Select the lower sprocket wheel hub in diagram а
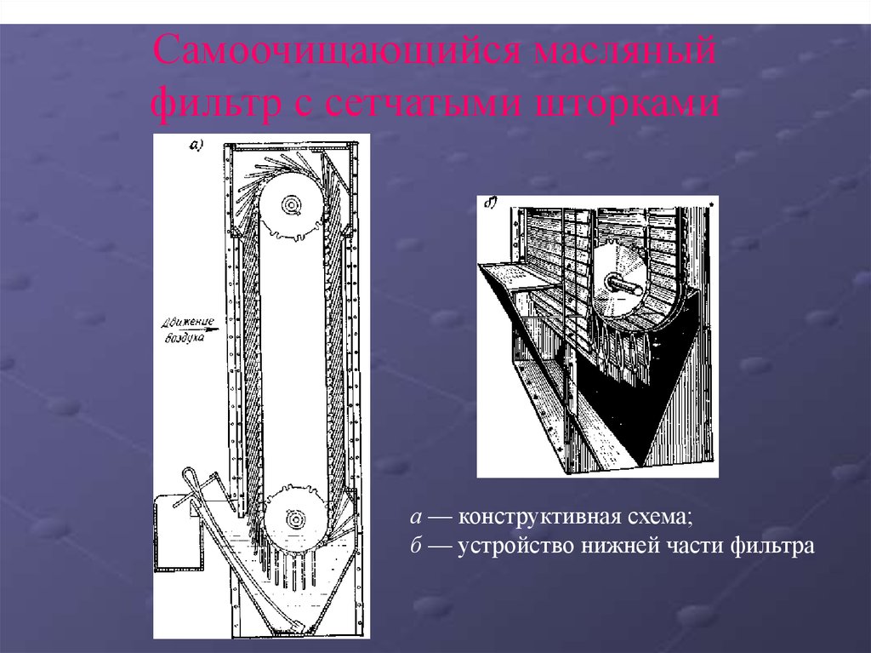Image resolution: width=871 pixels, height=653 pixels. pos(294,518)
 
